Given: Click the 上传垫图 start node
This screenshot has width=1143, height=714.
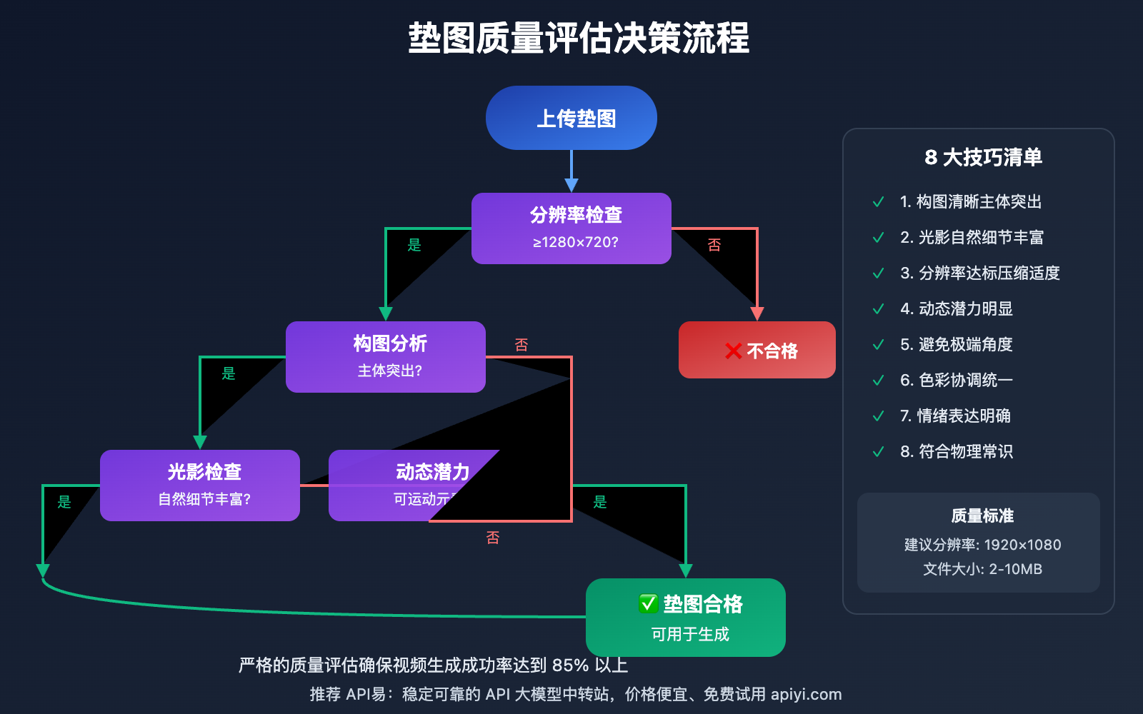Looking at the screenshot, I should tap(571, 118).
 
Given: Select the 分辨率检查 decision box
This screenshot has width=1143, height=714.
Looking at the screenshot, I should tap(571, 228).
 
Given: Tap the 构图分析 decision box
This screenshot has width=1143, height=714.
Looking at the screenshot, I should tap(385, 356).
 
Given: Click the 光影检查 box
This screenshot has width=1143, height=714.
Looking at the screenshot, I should tap(199, 485).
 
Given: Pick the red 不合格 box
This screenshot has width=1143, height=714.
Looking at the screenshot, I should tap(757, 350).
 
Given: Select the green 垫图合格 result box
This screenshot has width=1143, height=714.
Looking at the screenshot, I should tap(685, 617).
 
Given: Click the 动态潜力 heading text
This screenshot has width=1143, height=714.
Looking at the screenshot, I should tap(432, 472).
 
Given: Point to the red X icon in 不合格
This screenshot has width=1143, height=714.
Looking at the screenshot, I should tap(733, 351).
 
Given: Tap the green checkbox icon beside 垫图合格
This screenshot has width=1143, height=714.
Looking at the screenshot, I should tap(648, 604).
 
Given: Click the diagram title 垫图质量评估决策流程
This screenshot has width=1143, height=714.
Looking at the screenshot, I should tap(579, 38).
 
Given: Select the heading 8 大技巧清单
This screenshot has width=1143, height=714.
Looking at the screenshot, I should tap(983, 157).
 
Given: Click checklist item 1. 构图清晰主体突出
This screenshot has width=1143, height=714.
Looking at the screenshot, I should tap(970, 202).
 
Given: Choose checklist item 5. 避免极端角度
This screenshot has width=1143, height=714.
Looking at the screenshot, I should tap(956, 345).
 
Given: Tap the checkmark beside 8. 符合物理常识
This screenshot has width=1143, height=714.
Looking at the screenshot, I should tap(879, 452).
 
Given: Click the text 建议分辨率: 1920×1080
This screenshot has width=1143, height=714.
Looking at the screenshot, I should tap(982, 545).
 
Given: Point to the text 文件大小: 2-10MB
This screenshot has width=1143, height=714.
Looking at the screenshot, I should tap(982, 569).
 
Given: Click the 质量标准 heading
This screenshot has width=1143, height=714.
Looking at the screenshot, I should tap(982, 516).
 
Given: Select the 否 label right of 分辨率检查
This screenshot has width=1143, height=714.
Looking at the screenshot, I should tap(714, 245).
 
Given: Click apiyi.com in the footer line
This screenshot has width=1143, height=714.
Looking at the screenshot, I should tap(806, 694).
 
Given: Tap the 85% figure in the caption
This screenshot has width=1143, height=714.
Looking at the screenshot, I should tap(570, 665).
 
